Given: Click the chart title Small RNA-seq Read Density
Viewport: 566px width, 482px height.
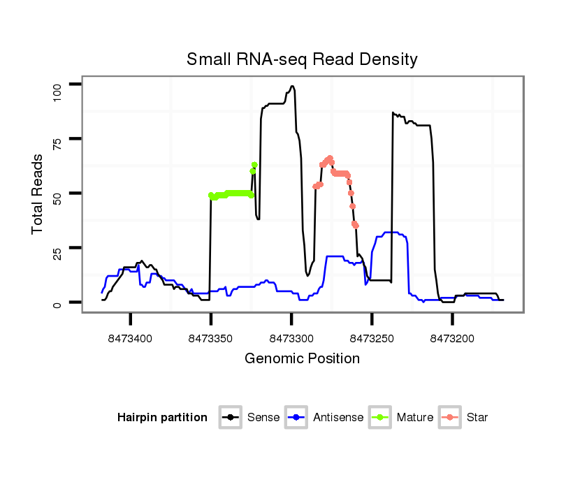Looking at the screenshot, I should pos(302,59).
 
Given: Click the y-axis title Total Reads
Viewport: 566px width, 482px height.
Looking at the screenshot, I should pos(38,193).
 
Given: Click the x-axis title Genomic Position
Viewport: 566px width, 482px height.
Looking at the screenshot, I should pos(302,359).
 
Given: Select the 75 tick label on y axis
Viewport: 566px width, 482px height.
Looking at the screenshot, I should pos(58,145).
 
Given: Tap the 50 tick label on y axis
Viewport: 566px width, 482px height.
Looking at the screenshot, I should pos(58,193).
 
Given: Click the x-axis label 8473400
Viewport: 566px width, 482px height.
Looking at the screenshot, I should pos(131,338).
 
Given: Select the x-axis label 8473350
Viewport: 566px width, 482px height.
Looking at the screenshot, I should pos(211,338).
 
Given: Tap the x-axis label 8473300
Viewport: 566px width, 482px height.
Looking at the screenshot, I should pos(291,338).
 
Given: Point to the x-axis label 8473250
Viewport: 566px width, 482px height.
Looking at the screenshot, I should pos(372,338).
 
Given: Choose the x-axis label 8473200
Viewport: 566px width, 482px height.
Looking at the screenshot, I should pos(452,338).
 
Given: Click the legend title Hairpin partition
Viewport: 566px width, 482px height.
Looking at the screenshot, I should pos(162,418).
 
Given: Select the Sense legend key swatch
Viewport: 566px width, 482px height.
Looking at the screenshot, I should pos(230,418).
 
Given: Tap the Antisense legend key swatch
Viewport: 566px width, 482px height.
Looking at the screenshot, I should pos(296,418).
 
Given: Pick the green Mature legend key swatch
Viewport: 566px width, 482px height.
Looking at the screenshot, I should pos(380,418).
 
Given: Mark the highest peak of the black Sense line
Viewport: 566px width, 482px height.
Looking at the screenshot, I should pos(292,86).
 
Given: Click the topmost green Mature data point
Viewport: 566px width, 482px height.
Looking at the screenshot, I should pos(254,165).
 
